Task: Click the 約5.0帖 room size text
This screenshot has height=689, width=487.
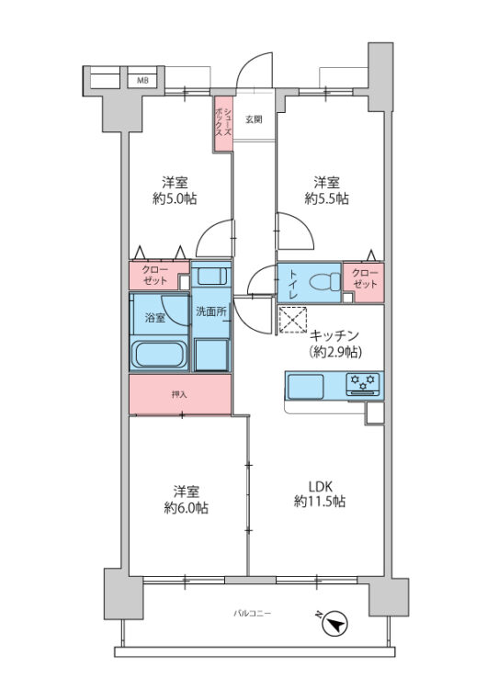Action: coord(175,198)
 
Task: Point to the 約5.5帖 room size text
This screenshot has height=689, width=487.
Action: coord(327,198)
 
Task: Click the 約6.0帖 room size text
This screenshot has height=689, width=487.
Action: coord(186,508)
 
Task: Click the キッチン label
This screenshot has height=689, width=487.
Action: coord(333,335)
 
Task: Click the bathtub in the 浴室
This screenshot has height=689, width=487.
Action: coord(160,355)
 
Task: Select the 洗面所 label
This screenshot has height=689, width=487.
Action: coord(210,311)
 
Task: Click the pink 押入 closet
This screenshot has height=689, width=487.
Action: coord(179,394)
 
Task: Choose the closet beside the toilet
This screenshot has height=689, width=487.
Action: coord(366,279)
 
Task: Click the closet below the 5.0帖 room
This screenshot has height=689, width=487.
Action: coord(154,276)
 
